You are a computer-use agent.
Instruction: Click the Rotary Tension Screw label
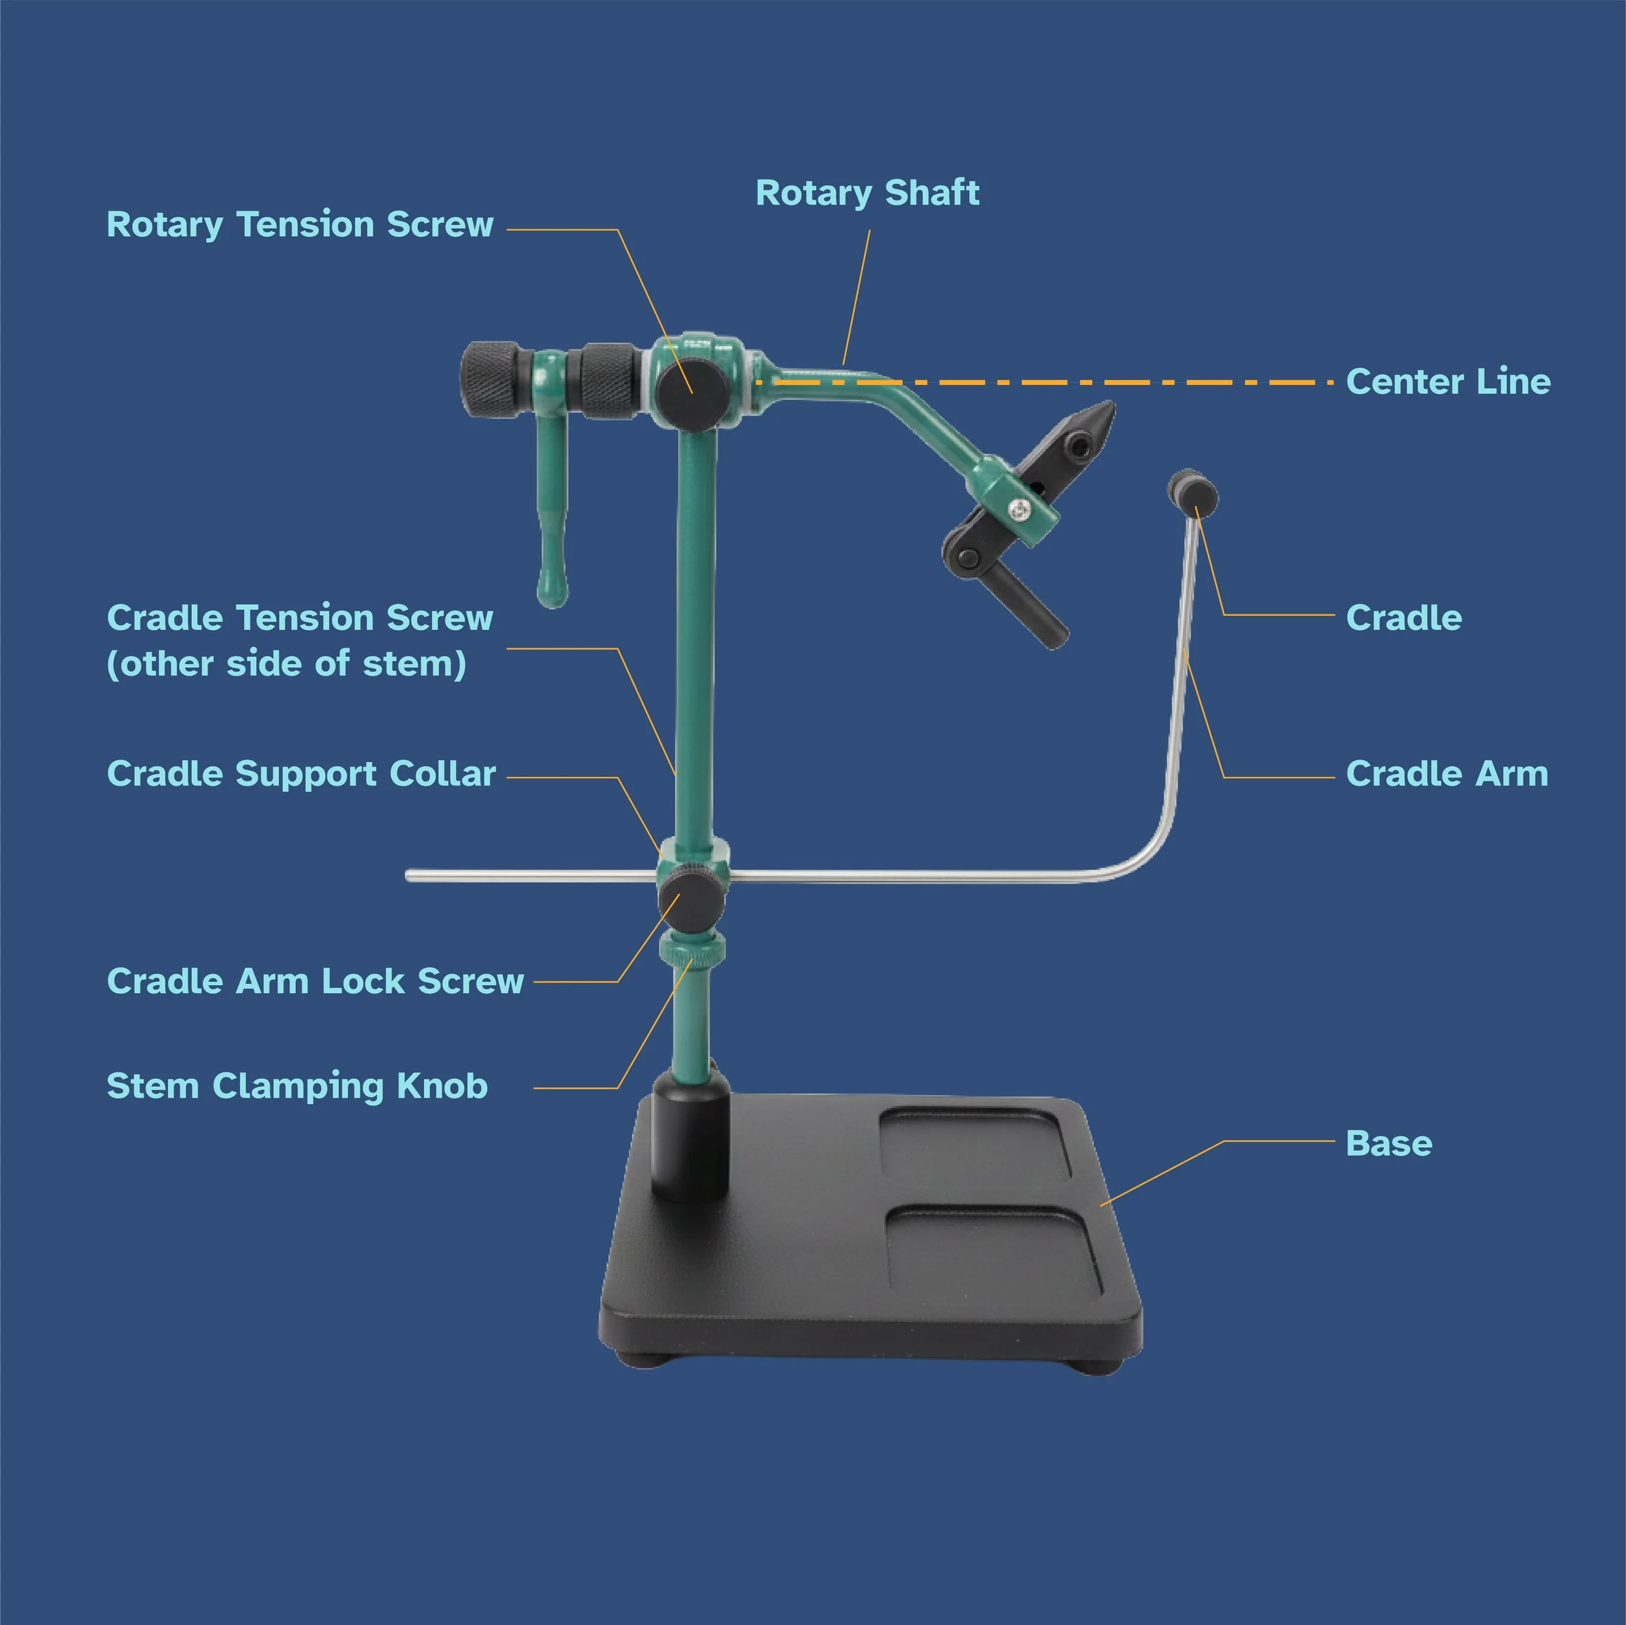(x=300, y=225)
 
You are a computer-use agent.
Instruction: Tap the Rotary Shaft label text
(x=867, y=192)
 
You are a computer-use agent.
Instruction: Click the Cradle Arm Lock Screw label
(x=315, y=981)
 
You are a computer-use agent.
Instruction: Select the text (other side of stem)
(x=286, y=665)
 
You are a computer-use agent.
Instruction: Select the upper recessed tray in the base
(x=974, y=1144)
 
